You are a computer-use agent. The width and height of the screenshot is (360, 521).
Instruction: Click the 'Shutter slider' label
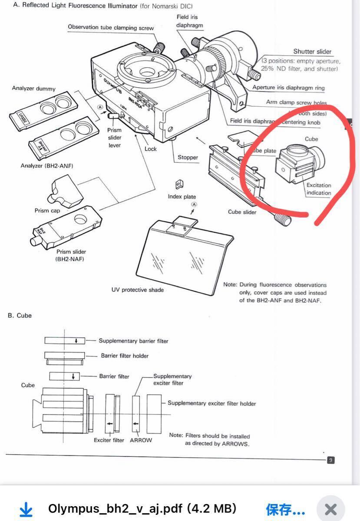(312, 51)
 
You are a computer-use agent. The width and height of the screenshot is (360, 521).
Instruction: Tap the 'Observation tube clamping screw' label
(111, 27)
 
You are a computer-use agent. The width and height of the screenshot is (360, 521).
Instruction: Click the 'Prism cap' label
(47, 211)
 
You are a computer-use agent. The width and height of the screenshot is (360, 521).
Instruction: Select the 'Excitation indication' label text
(319, 189)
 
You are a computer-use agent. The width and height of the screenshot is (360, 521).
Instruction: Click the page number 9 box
(331, 460)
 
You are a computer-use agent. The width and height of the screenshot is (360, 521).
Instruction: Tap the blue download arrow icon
(26, 509)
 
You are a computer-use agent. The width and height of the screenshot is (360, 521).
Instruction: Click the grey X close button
(330, 509)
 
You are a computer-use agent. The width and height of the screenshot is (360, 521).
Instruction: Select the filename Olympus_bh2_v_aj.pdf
(142, 509)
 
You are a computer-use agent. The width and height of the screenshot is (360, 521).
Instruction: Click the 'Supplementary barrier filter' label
(133, 341)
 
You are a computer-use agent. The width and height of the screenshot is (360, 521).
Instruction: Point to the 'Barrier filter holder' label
(125, 356)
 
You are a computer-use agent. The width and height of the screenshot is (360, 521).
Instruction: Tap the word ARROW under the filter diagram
(141, 440)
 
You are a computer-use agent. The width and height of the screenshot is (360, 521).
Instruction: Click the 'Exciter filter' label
(109, 440)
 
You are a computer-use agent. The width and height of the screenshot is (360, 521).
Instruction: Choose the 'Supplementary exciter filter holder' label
(211, 403)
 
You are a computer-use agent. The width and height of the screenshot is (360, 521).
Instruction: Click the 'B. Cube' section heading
(20, 316)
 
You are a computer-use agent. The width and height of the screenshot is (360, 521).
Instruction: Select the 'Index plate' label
(182, 197)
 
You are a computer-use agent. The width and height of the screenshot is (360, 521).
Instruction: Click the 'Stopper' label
(188, 158)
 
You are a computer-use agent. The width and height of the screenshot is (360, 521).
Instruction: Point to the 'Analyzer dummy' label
(34, 89)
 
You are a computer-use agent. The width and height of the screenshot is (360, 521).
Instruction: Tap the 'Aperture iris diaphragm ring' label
(288, 88)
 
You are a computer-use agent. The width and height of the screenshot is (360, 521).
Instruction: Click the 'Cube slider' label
(242, 212)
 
